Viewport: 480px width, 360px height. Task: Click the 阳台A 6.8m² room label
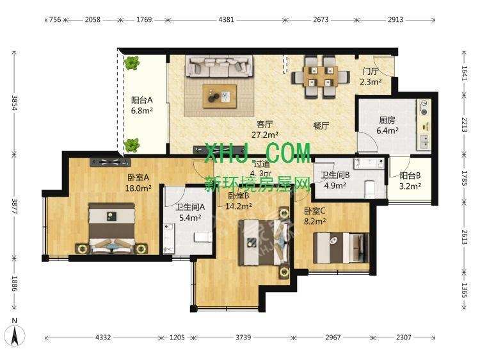tap(141, 105)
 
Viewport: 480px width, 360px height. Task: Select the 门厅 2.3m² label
tap(371, 77)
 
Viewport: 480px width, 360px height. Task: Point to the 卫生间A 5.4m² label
tap(190, 212)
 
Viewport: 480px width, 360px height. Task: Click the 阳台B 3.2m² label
tap(410, 181)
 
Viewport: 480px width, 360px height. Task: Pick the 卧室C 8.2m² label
tap(315, 217)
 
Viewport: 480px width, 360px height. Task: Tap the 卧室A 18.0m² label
tap(138, 183)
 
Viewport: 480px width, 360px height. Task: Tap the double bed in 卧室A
tap(111, 229)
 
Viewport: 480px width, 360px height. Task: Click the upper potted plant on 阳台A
tap(132, 63)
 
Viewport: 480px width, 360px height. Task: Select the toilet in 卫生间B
tap(369, 188)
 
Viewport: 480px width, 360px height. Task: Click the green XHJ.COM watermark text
tap(256, 154)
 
